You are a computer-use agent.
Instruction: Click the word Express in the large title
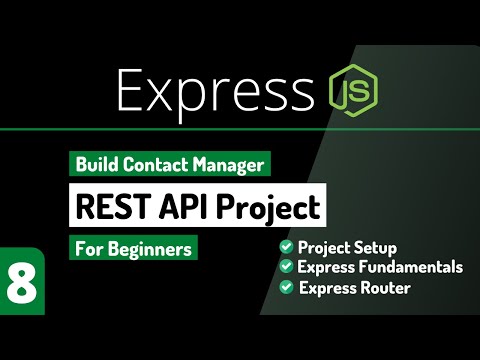[x=215, y=92]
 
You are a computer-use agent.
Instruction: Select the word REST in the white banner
[x=107, y=207]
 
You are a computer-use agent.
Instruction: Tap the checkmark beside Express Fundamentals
[x=286, y=267]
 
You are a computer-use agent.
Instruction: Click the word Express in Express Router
[x=329, y=288]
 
